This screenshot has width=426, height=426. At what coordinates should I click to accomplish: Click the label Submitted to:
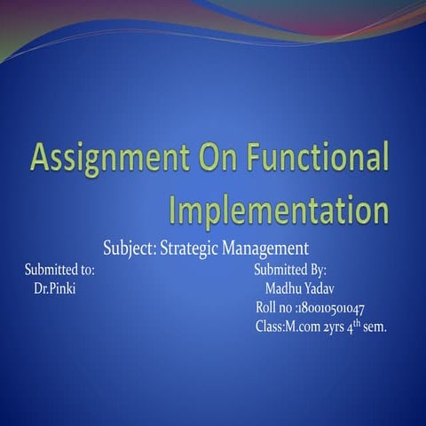pos(59,269)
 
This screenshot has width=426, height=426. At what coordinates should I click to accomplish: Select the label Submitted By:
pos(290,269)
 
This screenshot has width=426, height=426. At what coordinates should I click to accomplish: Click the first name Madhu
pos(282,288)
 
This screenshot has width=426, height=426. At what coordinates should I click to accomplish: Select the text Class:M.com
pos(284,327)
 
